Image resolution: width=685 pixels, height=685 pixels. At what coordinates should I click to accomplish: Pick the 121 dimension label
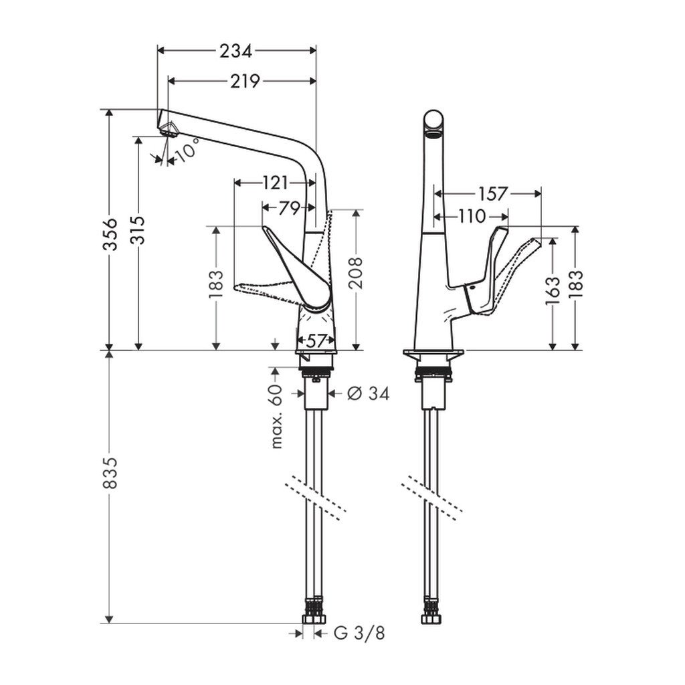[x=274, y=183]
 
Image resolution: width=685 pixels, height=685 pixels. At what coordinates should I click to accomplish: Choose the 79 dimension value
[x=289, y=208]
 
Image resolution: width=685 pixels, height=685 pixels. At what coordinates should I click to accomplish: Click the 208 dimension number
[x=357, y=273]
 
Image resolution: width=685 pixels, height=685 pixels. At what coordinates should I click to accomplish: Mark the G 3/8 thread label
[x=360, y=633]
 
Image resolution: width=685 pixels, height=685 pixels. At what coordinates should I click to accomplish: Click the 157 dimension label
[x=492, y=194]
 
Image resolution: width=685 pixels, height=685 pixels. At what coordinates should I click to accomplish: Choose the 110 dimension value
[x=472, y=216]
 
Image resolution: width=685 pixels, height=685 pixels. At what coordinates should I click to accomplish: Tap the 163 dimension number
[x=552, y=292]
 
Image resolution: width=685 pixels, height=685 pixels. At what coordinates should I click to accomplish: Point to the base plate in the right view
[x=433, y=355]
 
